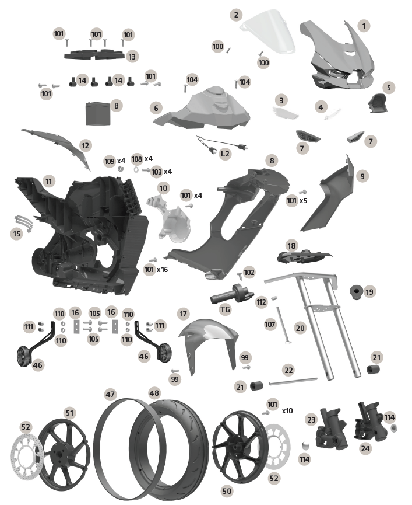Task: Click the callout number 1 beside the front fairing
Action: [364, 26]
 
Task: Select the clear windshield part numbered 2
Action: [269, 32]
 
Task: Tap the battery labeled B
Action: [98, 114]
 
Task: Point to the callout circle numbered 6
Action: [156, 108]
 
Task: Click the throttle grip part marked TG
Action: [232, 294]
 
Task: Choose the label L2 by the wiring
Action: [226, 154]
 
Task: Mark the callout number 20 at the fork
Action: [300, 328]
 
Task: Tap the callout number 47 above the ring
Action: [110, 394]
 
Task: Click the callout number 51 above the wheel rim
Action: [69, 413]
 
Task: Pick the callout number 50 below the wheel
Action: [227, 491]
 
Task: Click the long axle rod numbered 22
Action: [294, 382]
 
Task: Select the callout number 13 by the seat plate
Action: [132, 57]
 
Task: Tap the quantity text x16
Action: [162, 269]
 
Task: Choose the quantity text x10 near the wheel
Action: [287, 411]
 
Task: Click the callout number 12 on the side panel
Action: [85, 145]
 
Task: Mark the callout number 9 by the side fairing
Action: [362, 176]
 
